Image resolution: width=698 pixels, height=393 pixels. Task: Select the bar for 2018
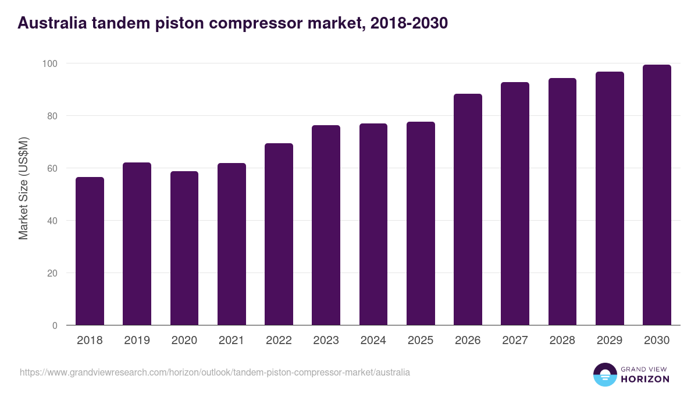coord(90,251)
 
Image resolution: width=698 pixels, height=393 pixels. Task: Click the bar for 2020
coord(184,248)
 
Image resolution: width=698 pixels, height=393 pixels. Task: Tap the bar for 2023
coord(326,225)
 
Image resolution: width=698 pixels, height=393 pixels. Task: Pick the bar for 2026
coord(468,210)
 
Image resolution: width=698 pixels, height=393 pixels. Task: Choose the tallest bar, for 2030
coord(657,195)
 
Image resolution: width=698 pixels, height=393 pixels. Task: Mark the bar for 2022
coord(279,234)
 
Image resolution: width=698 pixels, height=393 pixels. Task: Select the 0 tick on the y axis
coord(55,325)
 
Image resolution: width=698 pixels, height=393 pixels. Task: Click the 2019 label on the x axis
coord(137,341)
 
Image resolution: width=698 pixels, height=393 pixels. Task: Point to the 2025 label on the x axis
coord(421,341)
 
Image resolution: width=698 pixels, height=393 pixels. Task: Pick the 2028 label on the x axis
coord(562,341)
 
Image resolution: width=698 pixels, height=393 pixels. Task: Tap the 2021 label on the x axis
coord(232,341)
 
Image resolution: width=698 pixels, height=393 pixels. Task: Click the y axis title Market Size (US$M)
coord(23,188)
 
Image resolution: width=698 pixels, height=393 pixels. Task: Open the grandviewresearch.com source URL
coord(215,372)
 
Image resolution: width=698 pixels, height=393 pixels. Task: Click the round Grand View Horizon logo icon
coord(604,374)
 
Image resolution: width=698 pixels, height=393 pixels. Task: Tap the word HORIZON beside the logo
coord(645,379)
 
